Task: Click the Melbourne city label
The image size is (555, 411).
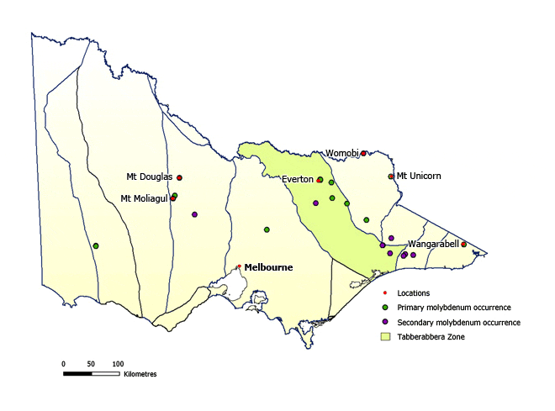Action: click(x=268, y=267)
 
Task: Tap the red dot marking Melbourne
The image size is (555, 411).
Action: click(x=239, y=266)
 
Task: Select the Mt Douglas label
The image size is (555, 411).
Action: click(x=149, y=177)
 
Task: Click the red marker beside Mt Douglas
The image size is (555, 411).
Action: click(x=180, y=177)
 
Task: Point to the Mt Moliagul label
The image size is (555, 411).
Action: click(x=144, y=198)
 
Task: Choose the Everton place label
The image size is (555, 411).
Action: click(x=298, y=179)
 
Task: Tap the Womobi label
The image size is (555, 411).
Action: click(x=342, y=153)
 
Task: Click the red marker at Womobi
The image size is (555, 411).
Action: click(x=364, y=153)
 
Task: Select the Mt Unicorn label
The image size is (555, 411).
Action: click(x=418, y=176)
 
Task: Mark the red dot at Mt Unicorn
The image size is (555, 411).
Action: click(x=391, y=177)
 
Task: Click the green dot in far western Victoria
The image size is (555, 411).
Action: click(x=96, y=245)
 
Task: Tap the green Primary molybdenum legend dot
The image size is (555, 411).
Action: click(x=387, y=308)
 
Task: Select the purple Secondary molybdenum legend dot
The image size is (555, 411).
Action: click(x=387, y=322)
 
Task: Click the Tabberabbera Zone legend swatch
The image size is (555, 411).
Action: click(x=387, y=336)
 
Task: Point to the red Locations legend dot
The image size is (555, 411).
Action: click(x=387, y=293)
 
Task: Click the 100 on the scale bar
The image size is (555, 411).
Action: click(x=118, y=363)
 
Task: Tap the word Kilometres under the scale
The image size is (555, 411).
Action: click(x=140, y=372)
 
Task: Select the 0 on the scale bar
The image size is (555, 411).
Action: click(x=63, y=363)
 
